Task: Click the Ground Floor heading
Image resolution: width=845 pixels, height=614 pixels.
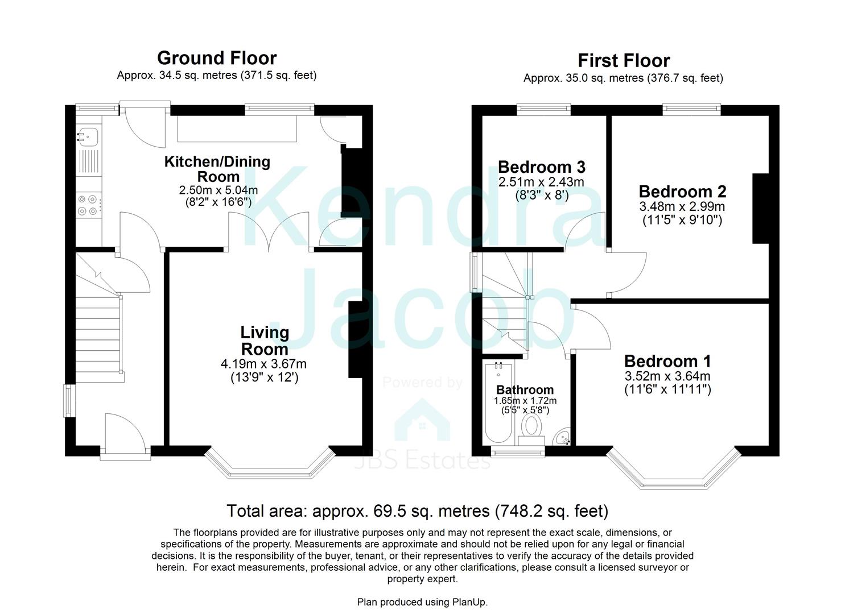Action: coord(217,58)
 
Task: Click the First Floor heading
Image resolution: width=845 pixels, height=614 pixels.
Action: coord(624,60)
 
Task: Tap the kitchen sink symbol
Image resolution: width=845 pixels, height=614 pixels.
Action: coord(88,136)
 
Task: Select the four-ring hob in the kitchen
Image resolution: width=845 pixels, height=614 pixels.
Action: coord(88,205)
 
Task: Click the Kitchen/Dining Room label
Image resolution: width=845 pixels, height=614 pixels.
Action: coord(217,169)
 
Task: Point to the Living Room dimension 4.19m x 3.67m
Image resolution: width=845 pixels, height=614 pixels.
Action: coord(263,364)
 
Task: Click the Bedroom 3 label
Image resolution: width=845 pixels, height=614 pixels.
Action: coord(541,167)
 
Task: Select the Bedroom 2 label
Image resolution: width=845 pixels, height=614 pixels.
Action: coord(682,192)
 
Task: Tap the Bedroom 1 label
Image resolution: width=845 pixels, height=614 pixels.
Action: coord(667,361)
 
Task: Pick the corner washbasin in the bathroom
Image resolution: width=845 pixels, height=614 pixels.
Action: coord(563,438)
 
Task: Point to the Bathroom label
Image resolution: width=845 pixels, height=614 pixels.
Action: coord(525,390)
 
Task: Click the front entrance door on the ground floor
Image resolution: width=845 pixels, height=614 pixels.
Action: coord(125,435)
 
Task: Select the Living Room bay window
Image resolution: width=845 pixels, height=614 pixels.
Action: coord(268,463)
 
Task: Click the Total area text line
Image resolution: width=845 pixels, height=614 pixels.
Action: coord(417,511)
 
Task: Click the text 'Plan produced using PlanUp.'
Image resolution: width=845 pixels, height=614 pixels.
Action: coord(422,602)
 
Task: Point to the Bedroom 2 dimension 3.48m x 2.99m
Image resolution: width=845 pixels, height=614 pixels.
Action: coord(682,207)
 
